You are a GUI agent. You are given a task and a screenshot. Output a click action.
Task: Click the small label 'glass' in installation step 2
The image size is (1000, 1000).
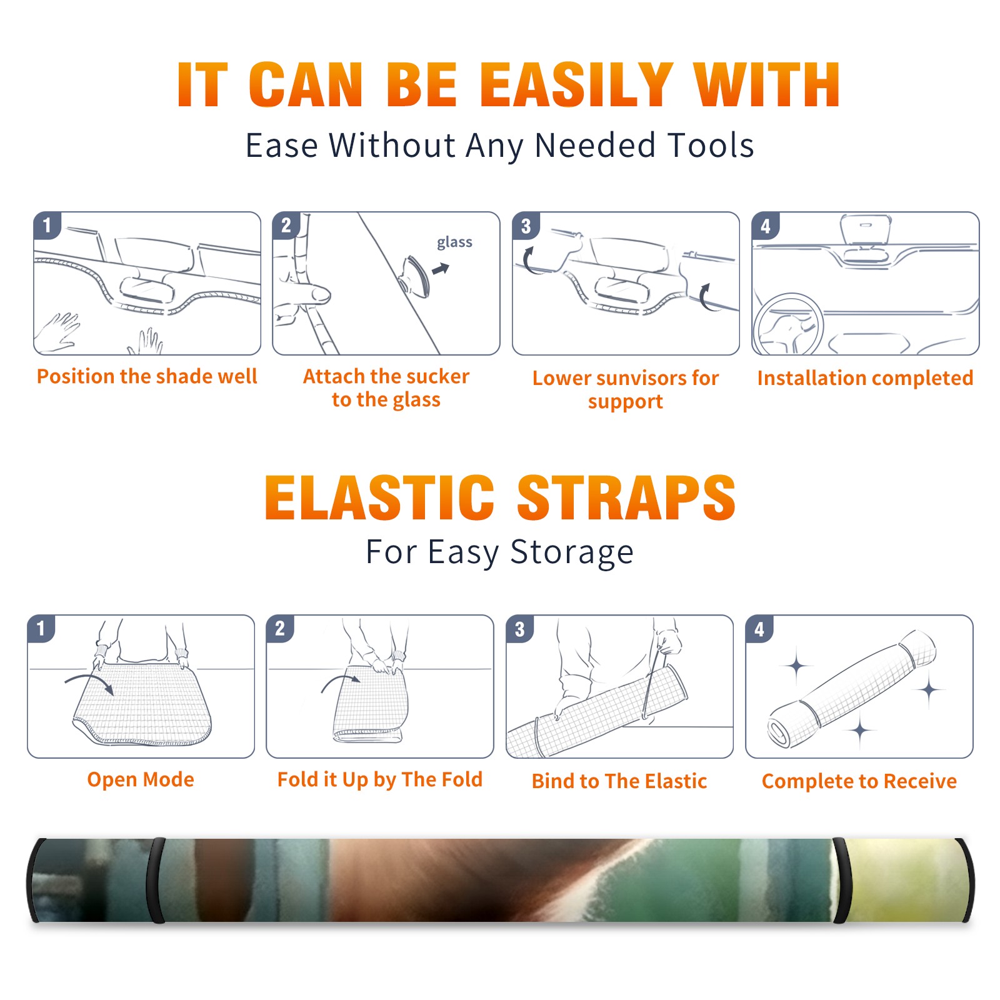tap(454, 242)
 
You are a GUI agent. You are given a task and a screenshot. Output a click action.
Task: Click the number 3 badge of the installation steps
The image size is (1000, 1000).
tap(526, 226)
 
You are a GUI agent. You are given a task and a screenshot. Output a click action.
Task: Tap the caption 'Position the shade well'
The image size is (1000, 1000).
tap(147, 376)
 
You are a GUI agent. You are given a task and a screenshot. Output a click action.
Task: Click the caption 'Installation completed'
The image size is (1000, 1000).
tap(865, 377)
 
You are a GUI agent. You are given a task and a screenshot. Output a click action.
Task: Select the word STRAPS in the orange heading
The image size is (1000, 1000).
tap(626, 497)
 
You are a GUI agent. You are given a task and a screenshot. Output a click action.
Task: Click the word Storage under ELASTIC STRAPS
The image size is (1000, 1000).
tap(572, 552)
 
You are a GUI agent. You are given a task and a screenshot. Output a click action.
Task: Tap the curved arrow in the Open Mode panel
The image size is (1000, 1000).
tap(89, 681)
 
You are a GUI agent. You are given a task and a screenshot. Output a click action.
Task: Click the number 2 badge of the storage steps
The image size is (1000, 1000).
tap(280, 628)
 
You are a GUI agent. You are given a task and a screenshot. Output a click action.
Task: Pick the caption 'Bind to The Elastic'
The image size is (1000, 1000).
tap(619, 781)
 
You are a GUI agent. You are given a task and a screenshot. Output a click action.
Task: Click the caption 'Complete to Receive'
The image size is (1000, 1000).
tap(859, 781)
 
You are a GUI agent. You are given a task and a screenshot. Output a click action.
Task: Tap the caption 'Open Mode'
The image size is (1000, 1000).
tap(141, 779)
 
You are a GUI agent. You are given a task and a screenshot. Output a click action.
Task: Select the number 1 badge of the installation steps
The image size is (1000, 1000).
tap(47, 225)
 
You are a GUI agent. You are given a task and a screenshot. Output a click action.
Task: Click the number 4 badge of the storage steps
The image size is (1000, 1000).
tap(759, 629)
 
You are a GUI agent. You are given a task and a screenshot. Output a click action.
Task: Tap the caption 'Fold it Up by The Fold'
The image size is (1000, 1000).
tap(380, 779)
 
